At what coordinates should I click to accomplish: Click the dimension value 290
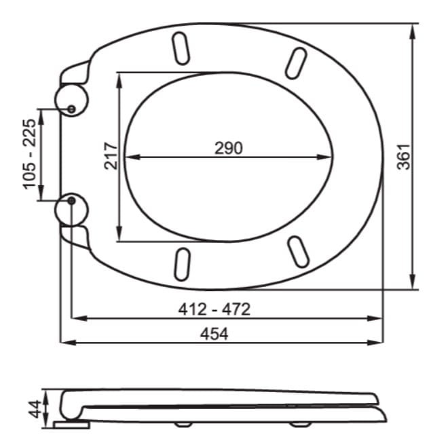click(x=229, y=148)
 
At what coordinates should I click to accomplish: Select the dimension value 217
click(x=111, y=156)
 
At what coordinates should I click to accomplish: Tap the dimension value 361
click(x=404, y=157)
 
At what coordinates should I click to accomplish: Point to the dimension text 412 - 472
click(x=214, y=309)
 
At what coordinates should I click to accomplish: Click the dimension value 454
click(x=214, y=334)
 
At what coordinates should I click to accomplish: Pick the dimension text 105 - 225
click(x=29, y=154)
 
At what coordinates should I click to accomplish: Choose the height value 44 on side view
click(x=35, y=409)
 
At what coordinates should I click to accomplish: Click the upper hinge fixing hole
click(x=71, y=109)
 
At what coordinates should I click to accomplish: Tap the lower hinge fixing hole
click(x=71, y=201)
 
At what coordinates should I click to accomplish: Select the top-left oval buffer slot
click(x=181, y=49)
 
